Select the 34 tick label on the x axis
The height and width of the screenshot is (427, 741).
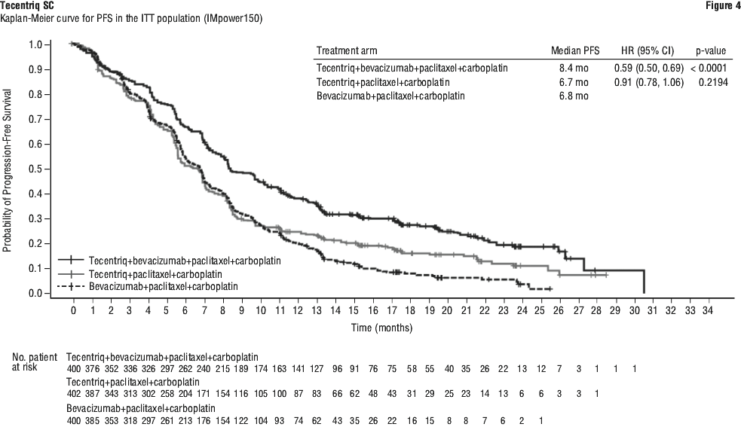(706, 310)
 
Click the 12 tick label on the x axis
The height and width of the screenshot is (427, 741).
(298, 310)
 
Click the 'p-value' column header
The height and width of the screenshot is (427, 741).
(710, 51)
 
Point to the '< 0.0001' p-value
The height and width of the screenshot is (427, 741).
(709, 68)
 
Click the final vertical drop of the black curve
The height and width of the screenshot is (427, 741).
(644, 282)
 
